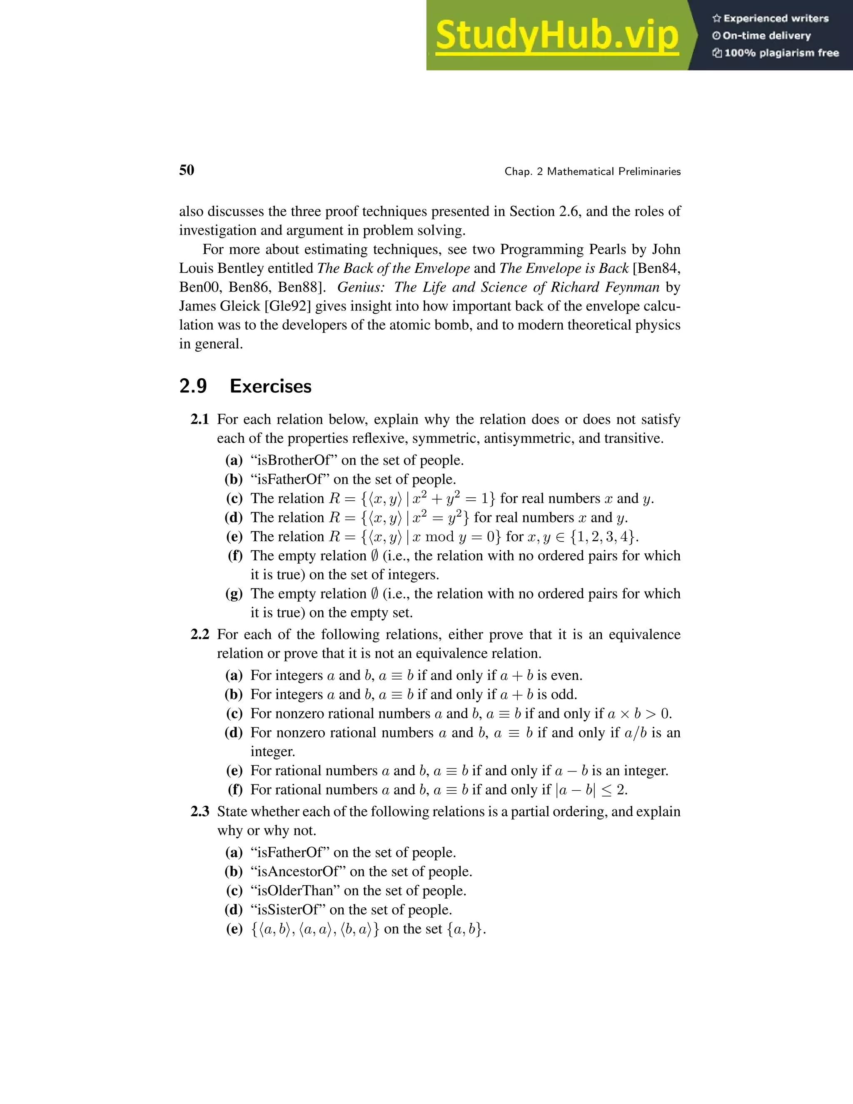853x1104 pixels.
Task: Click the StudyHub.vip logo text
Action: click(556, 35)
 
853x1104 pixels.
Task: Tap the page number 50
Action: click(187, 170)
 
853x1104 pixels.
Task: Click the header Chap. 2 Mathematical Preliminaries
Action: click(592, 171)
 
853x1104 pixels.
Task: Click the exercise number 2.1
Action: click(200, 420)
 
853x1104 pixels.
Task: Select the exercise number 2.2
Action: click(200, 634)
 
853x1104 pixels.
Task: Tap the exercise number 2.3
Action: click(200, 812)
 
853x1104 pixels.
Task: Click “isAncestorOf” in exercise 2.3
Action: click(298, 872)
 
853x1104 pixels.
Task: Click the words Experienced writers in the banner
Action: click(776, 19)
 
